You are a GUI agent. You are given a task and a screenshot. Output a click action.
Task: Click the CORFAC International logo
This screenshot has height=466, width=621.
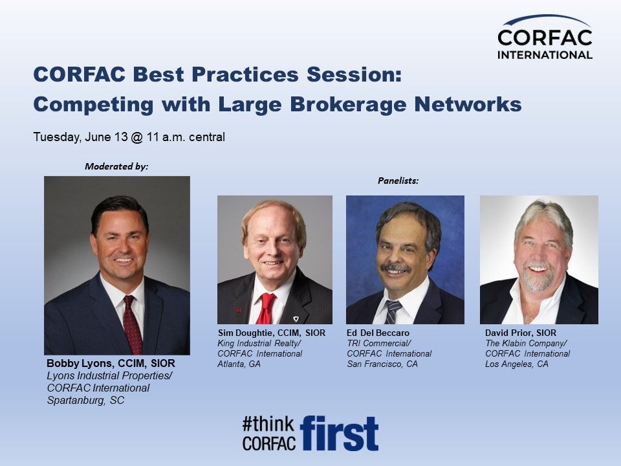pos(545,38)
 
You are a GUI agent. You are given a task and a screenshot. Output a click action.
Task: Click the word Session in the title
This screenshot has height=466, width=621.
pos(351,74)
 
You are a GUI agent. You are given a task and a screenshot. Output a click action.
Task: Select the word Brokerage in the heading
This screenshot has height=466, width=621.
pos(348,105)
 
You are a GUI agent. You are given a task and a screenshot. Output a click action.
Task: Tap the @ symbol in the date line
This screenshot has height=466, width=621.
pos(136,137)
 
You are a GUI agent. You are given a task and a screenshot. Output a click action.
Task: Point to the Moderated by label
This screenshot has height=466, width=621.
pos(116,166)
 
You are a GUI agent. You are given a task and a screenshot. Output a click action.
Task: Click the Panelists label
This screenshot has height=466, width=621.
pos(398,181)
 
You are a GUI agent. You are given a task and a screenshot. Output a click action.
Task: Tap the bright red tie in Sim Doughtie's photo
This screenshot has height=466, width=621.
pos(265,309)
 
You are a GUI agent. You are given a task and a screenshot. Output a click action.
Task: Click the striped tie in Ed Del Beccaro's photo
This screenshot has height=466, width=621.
pos(393,312)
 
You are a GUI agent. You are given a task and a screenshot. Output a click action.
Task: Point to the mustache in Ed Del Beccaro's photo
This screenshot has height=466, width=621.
pos(395,268)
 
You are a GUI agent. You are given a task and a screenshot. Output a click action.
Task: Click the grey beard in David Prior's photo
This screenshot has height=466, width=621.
pos(536,278)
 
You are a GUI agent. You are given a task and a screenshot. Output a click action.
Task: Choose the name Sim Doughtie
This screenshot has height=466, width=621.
pos(245,333)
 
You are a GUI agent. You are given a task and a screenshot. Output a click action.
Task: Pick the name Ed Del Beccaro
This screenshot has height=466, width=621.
pos(378,333)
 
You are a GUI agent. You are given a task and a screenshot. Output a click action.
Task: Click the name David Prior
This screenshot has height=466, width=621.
pos(508,333)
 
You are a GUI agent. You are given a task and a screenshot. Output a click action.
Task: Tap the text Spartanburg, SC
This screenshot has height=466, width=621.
pos(85,400)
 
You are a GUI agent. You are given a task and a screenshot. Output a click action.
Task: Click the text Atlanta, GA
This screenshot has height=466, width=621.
pos(239,364)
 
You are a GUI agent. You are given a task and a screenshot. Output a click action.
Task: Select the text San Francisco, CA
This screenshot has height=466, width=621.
pos(382,364)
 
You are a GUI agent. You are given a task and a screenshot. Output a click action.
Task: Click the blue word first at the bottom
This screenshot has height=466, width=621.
pos(339,433)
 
